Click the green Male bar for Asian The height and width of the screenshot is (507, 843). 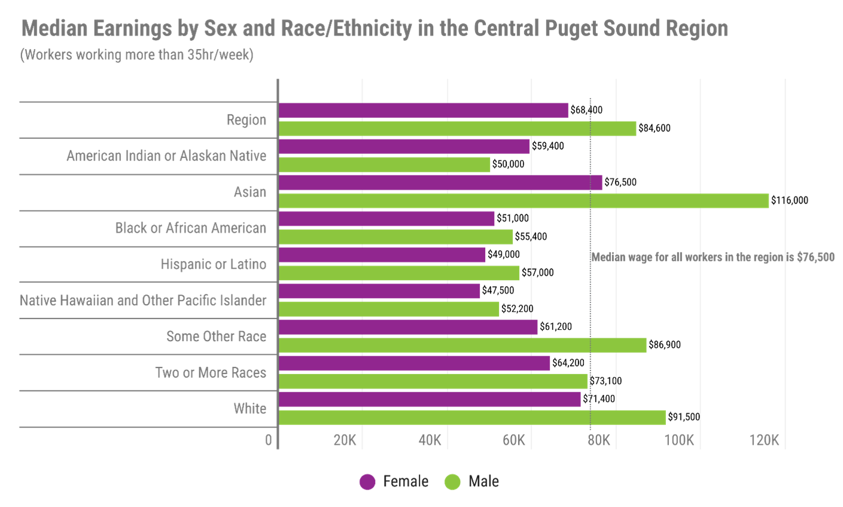tap(524, 201)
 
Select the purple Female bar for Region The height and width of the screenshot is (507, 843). tap(424, 110)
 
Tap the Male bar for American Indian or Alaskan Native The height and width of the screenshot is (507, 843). tap(384, 165)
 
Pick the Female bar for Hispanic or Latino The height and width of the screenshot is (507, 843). tap(382, 255)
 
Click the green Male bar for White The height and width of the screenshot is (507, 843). tap(471, 417)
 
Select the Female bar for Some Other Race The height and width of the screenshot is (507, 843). tap(408, 327)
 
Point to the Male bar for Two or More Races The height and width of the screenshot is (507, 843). tap(433, 381)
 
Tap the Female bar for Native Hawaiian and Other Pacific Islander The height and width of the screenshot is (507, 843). tap(379, 291)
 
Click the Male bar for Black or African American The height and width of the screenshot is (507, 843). tap(395, 237)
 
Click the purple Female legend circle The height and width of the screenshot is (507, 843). tap(367, 481)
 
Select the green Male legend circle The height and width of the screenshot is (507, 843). tap(453, 481)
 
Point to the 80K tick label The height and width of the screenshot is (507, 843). tap(598, 441)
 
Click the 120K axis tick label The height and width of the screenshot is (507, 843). tap(764, 441)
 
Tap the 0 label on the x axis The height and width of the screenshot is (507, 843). tap(269, 441)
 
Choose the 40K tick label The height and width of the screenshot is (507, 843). tap(430, 441)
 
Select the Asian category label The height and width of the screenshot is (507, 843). tap(249, 192)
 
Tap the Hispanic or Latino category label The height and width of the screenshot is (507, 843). tap(213, 265)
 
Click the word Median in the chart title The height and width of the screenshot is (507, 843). tap(54, 29)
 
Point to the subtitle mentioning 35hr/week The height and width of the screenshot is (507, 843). tap(136, 55)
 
